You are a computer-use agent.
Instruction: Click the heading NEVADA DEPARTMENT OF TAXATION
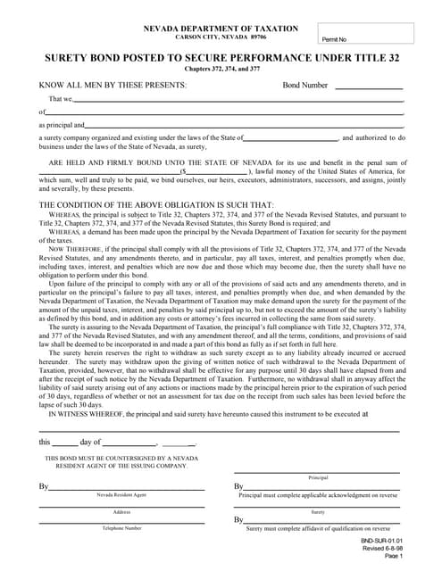[221, 29]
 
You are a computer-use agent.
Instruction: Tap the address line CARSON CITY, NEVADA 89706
[221, 37]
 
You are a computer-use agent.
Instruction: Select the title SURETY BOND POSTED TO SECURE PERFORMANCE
[221, 58]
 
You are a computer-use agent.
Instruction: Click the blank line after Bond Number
[369, 87]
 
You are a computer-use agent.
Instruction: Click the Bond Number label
[305, 85]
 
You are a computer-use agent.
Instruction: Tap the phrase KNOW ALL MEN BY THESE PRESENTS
[113, 85]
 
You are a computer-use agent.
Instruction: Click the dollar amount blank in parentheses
[216, 173]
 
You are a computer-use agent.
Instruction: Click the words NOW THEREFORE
[75, 250]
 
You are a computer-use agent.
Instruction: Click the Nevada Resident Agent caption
[121, 493]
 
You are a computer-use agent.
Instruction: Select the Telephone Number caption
[121, 528]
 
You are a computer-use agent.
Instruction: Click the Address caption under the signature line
[121, 511]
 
